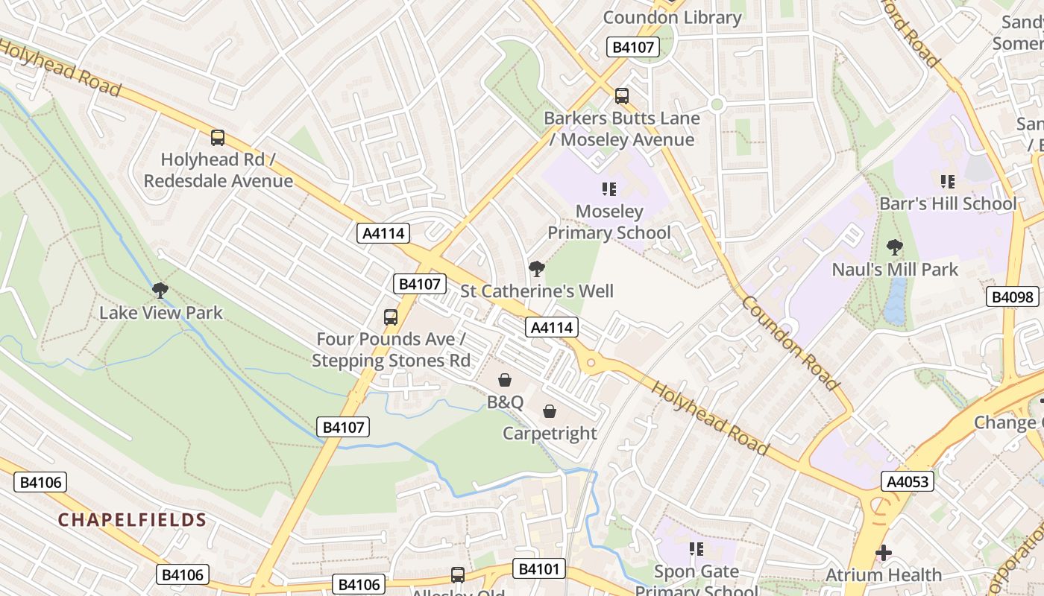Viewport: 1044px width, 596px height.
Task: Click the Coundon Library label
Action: pos(672,17)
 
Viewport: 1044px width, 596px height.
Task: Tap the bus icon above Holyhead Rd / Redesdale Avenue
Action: pos(218,138)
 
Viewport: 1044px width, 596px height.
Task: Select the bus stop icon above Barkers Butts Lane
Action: pos(622,96)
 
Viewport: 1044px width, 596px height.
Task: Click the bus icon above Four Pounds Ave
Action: pos(391,317)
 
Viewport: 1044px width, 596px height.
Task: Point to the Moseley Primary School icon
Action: pos(609,189)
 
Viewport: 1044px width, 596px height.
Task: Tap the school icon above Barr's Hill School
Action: pos(948,181)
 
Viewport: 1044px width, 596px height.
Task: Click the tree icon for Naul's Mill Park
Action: pos(894,247)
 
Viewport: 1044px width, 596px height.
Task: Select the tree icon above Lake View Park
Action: pos(160,291)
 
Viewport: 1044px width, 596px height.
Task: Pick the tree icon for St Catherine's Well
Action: pos(536,269)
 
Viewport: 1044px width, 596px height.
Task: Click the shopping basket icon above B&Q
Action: pos(505,381)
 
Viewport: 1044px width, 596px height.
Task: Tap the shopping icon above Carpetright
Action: pos(550,411)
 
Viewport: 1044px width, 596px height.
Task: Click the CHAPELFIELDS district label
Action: pos(132,520)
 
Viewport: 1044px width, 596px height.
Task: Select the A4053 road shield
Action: pos(908,481)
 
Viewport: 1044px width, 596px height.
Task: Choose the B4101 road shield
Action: pos(539,569)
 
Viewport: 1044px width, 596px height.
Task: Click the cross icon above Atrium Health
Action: pos(884,553)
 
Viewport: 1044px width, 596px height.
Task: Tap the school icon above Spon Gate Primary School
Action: pos(696,550)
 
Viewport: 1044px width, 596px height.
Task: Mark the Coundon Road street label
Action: pos(791,343)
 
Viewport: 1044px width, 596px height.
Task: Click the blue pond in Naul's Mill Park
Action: pos(895,301)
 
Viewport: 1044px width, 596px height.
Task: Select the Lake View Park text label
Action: pos(161,313)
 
